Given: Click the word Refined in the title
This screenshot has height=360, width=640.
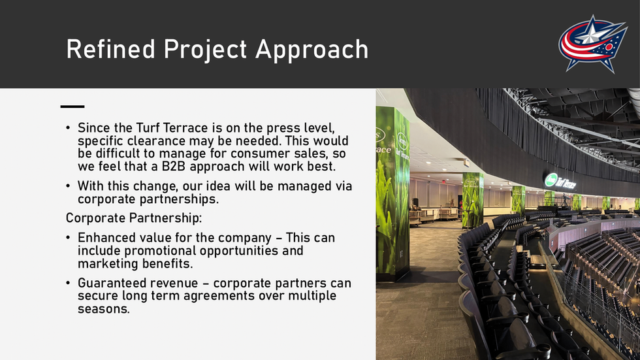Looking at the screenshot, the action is (x=110, y=49).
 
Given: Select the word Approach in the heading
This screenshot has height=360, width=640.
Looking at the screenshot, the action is (x=312, y=50).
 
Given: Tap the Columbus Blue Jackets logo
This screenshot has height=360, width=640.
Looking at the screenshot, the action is (x=593, y=44).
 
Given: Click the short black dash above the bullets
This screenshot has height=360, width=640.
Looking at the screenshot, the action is (x=72, y=106).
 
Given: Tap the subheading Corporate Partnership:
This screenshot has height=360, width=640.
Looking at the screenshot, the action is (x=134, y=218).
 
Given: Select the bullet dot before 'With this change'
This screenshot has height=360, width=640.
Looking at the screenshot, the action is (x=68, y=186).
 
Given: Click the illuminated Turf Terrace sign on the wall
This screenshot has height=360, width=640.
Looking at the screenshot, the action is (x=560, y=181).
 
